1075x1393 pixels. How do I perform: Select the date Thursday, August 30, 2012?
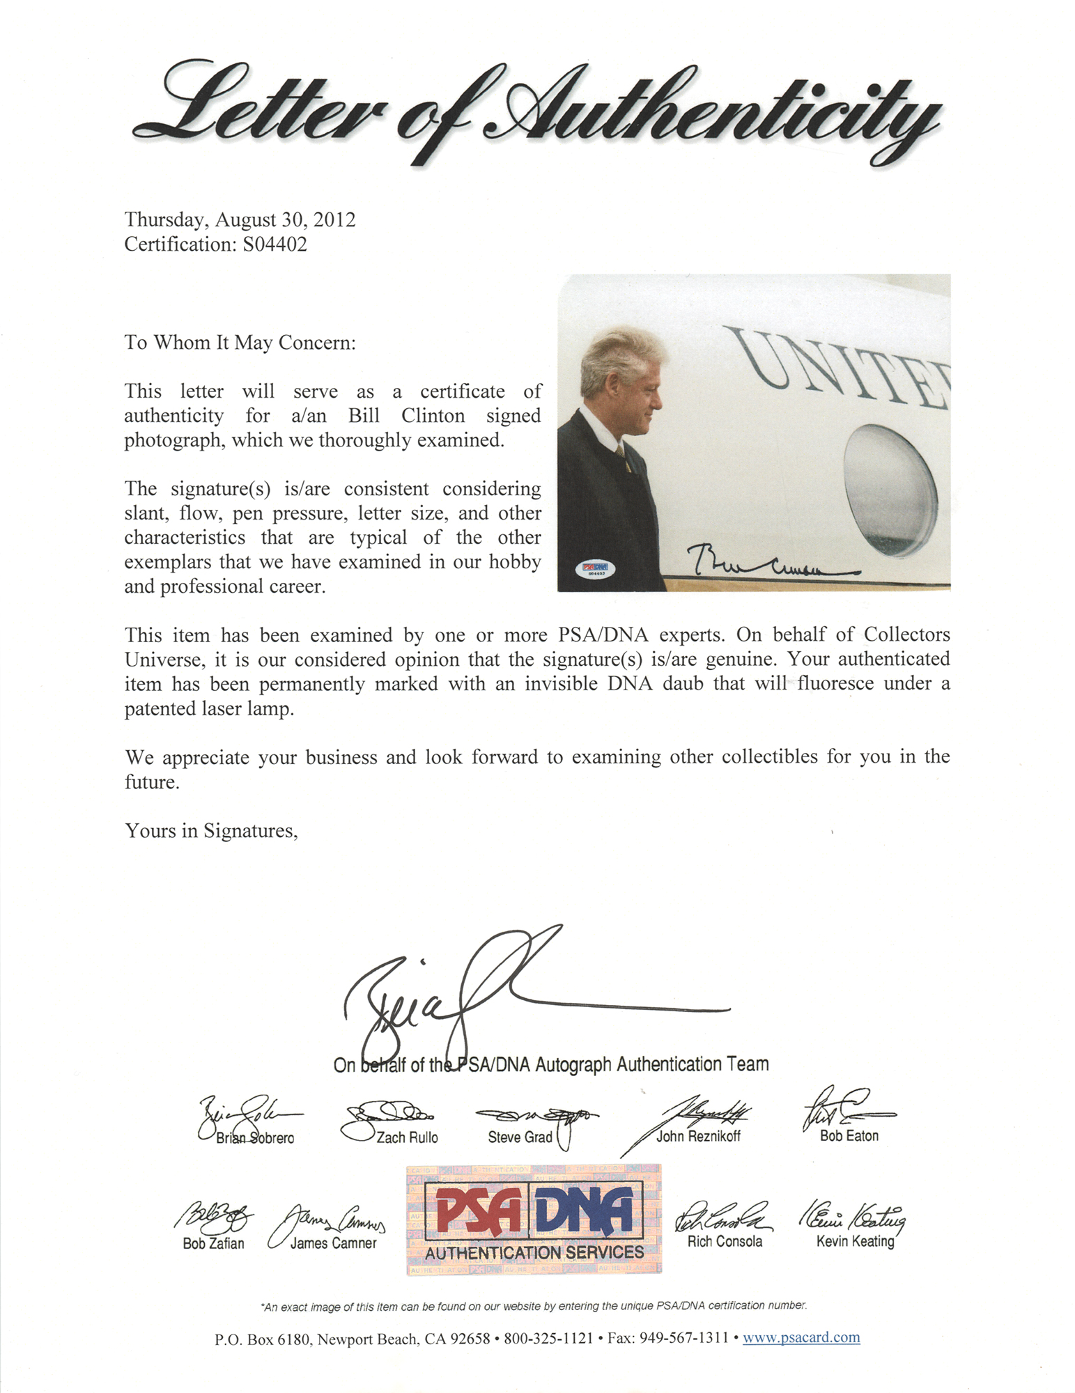(240, 219)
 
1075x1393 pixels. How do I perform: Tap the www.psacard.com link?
(801, 1337)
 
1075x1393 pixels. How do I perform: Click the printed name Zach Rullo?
(407, 1137)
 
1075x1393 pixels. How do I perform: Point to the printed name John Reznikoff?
(698, 1136)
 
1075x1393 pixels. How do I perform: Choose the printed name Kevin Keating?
(855, 1240)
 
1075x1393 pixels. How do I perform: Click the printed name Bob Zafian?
(213, 1243)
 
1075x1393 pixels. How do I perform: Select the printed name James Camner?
(333, 1243)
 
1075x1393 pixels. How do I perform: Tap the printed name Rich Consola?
(725, 1240)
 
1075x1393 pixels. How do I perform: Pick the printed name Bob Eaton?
(849, 1135)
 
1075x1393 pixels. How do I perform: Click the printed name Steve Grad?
(520, 1137)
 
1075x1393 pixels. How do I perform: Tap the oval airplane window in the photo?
(890, 490)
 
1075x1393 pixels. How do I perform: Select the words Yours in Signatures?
(211, 830)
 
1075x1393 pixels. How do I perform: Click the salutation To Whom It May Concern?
(240, 343)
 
